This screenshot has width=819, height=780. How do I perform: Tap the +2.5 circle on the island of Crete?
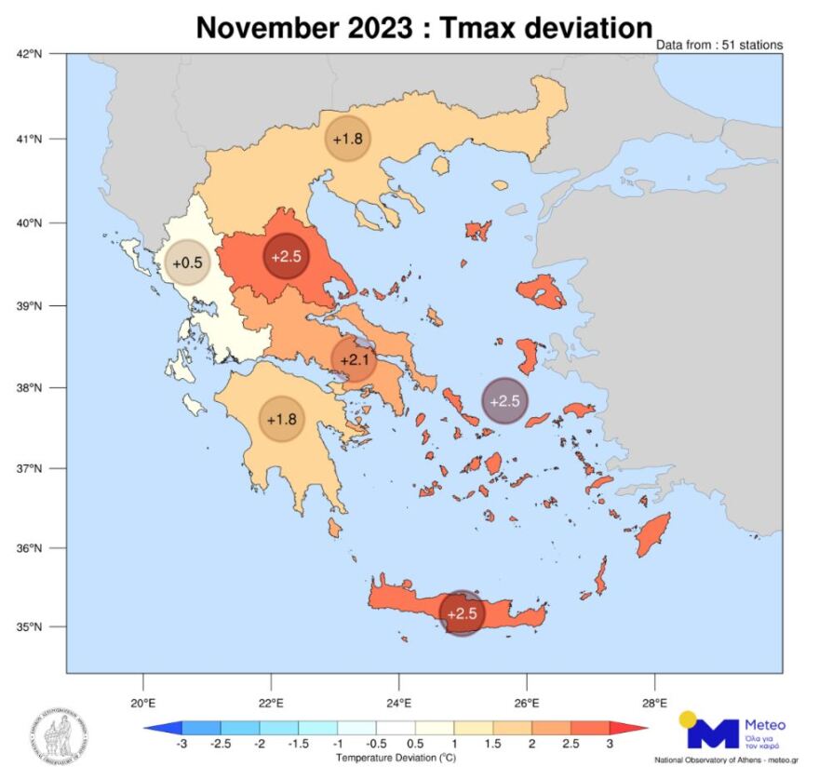[463, 614]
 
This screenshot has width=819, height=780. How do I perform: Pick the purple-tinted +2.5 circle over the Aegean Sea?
[504, 401]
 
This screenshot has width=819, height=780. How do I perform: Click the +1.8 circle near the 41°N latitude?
[347, 140]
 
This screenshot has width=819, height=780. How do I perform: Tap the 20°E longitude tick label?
[142, 702]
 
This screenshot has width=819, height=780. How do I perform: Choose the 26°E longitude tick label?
[527, 702]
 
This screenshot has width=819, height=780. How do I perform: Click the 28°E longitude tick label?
[654, 702]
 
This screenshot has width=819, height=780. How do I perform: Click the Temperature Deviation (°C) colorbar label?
[395, 759]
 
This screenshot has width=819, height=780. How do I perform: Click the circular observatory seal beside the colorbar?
[58, 733]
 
